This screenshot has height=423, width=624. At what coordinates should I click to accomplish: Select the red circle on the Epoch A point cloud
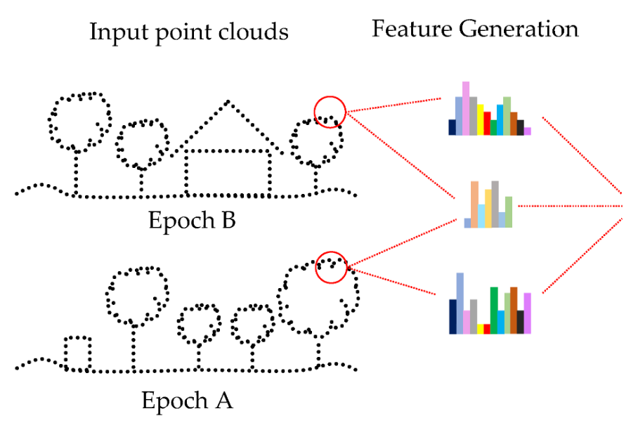pyautogui.click(x=332, y=268)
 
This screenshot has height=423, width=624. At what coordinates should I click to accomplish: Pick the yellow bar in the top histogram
pyautogui.click(x=480, y=120)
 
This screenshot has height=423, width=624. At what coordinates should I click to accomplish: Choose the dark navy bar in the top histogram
pyautogui.click(x=453, y=127)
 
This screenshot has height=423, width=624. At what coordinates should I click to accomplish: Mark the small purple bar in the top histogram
pyautogui.click(x=527, y=131)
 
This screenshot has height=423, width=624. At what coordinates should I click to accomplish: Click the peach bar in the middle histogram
pyautogui.click(x=475, y=204)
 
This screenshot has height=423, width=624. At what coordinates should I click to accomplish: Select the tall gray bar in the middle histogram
pyautogui.click(x=495, y=204)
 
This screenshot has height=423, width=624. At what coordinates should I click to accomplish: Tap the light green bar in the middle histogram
pyautogui.click(x=509, y=212)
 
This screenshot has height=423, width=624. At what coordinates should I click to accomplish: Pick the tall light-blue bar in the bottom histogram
pyautogui.click(x=460, y=303)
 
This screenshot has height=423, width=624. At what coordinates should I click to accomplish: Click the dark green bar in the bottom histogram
pyautogui.click(x=494, y=310)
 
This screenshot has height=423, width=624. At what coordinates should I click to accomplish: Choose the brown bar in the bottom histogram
pyautogui.click(x=514, y=310)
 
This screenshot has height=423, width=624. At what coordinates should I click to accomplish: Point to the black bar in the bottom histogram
pyautogui.click(x=521, y=322)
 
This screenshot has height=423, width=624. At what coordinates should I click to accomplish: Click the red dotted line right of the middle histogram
pyautogui.click(x=569, y=206)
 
